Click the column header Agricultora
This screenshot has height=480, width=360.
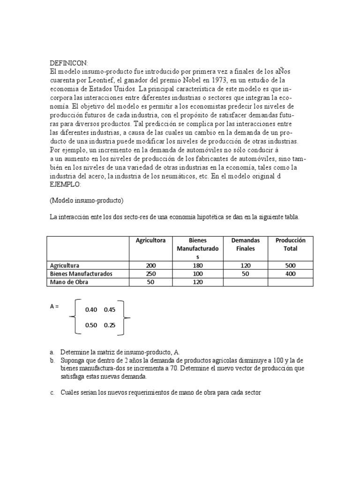tap(150, 240)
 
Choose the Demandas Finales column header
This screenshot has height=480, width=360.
tap(246, 244)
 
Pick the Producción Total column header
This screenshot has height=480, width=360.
tap(290, 244)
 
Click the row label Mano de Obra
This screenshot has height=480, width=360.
tap(69, 282)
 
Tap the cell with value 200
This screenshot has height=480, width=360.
tap(151, 265)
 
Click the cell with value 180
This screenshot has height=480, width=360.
tap(197, 265)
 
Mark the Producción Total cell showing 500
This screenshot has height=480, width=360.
tap(290, 265)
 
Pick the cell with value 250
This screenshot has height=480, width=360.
tap(151, 274)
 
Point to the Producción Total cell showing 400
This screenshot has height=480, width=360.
tap(290, 274)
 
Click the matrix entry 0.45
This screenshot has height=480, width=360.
tap(110, 310)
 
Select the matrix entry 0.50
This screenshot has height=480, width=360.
tap(91, 325)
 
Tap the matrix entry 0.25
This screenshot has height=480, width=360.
tap(110, 325)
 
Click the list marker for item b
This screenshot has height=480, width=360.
tap(52, 360)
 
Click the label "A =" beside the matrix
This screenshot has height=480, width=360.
tap(55, 306)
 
